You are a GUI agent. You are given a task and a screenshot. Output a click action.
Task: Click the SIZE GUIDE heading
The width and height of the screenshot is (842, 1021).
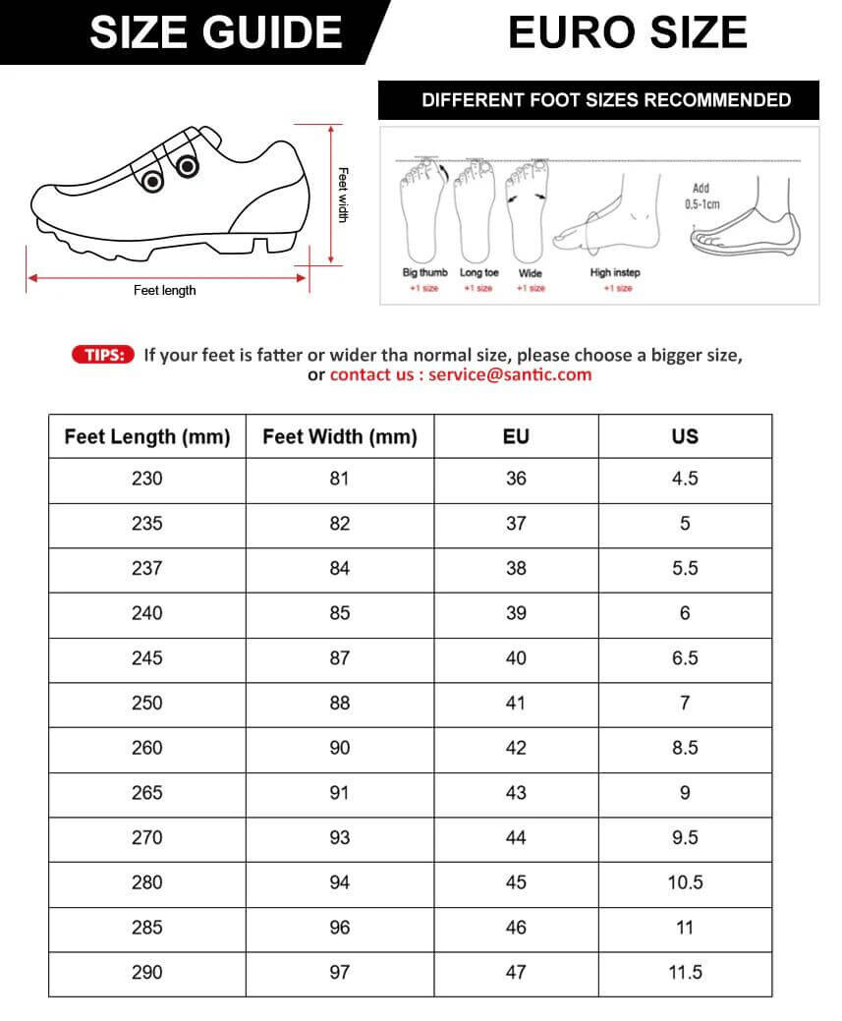click(215, 32)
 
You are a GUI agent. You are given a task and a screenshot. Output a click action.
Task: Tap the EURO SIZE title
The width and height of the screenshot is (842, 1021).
click(628, 32)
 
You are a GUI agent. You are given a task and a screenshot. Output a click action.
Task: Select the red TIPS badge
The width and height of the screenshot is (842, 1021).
click(102, 355)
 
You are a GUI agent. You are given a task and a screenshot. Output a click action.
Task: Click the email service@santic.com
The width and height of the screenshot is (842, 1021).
click(511, 374)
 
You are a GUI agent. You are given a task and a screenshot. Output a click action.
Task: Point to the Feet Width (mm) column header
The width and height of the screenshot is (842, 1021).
click(340, 436)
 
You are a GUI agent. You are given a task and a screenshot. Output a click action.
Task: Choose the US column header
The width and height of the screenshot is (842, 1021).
click(685, 436)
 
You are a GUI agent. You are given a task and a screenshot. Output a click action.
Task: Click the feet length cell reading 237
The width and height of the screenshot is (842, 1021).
click(147, 568)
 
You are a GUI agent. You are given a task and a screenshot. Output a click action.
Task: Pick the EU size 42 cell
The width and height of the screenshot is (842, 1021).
click(516, 748)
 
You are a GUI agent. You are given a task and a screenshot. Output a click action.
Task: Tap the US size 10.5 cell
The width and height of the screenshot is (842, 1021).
click(685, 882)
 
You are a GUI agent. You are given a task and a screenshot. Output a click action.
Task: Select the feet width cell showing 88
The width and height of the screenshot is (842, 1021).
click(340, 703)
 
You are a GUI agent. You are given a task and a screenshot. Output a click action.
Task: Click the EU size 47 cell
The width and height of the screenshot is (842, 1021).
click(516, 972)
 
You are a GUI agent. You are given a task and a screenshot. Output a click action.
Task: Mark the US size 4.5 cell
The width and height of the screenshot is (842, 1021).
click(685, 479)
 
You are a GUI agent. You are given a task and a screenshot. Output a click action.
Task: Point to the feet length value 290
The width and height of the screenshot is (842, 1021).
click(147, 972)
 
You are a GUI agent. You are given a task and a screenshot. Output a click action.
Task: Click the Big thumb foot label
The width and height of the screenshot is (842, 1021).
click(424, 272)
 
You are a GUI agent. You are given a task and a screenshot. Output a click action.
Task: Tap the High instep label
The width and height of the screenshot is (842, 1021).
click(615, 272)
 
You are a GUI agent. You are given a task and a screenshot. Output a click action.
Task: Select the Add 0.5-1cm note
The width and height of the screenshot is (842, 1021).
click(702, 196)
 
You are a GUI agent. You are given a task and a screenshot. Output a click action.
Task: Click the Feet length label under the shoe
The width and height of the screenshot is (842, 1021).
click(165, 290)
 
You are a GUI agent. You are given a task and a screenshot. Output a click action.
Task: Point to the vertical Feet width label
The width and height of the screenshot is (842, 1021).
click(343, 194)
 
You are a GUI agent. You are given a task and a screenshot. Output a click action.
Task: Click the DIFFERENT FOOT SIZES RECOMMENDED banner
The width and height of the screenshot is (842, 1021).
click(606, 100)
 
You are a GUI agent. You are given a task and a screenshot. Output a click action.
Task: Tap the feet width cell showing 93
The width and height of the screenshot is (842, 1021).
click(340, 837)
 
